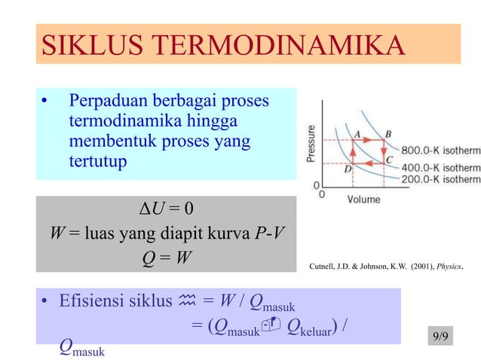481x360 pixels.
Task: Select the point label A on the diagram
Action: point(356,133)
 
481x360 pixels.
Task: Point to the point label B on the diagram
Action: point(388,133)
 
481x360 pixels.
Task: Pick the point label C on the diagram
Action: point(388,160)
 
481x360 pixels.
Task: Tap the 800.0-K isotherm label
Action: point(440,150)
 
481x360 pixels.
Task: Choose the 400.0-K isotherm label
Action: point(440,165)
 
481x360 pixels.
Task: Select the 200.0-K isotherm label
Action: point(440,179)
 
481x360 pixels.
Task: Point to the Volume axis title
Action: point(364,200)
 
